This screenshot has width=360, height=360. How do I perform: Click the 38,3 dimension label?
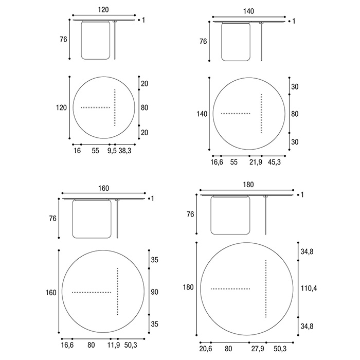[125, 151]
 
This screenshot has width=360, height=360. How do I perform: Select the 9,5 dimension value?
[112, 151]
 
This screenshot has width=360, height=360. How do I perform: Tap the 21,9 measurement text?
[256, 162]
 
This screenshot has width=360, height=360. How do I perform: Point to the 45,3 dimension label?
[274, 162]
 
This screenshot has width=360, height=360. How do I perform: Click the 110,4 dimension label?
[309, 288]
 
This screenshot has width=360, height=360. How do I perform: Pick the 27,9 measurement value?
[258, 349]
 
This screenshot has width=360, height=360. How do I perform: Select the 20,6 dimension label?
[206, 349]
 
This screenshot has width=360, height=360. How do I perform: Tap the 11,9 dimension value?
[114, 345]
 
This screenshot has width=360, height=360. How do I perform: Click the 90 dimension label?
[154, 292]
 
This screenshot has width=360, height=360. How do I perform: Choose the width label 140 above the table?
[248, 11]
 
